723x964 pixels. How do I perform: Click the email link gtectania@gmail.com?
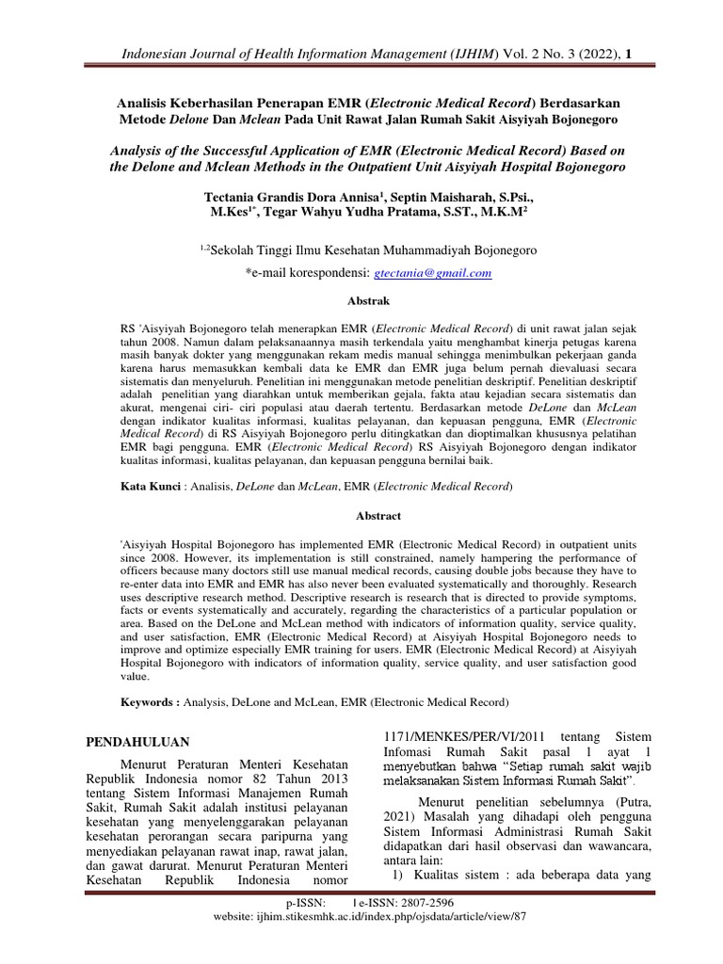pos(433,273)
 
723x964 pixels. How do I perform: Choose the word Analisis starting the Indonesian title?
pos(149,102)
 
